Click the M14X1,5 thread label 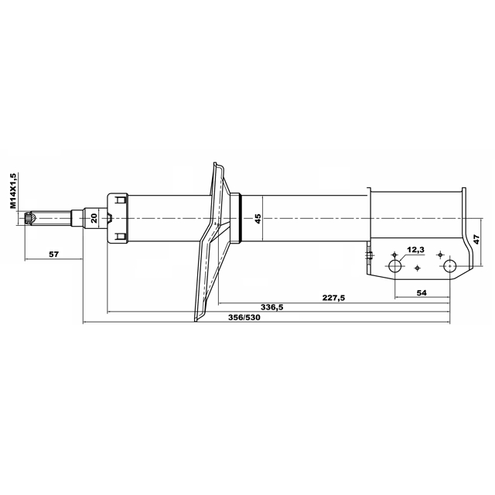pos(12,191)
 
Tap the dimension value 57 pos(54,254)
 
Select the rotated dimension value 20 pos(94,218)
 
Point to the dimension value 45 pos(258,219)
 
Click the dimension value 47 pos(476,239)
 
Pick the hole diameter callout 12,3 pos(415,250)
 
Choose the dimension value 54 pos(422,292)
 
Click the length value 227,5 pos(333,298)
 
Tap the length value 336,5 pos(272,307)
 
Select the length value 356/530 pos(244,317)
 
